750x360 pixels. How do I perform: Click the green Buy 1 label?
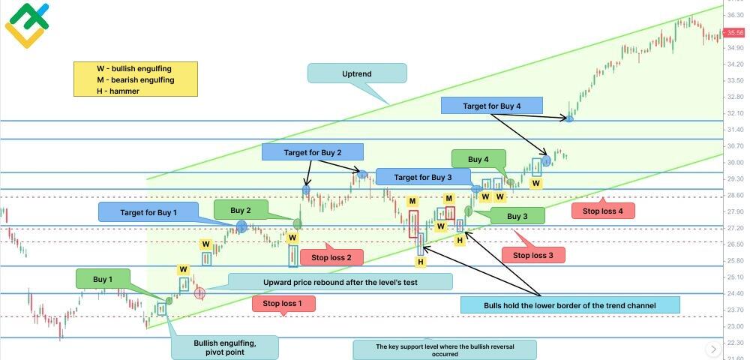[103, 279]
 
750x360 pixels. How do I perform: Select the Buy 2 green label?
[241, 211]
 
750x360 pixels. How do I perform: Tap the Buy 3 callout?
[517, 216]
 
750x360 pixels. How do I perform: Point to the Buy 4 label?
[478, 159]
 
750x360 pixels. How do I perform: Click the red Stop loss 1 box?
[283, 304]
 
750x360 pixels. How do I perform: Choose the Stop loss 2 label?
[331, 257]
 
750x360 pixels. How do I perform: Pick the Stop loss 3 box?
[532, 255]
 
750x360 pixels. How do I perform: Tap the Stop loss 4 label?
[603, 211]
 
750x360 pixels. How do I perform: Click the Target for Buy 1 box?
[148, 212]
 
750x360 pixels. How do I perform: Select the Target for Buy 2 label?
[312, 152]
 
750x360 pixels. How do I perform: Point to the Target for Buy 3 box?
[423, 177]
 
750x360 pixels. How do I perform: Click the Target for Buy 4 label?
[491, 106]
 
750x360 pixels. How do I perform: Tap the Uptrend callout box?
[357, 73]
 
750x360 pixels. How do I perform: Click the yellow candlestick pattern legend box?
[136, 79]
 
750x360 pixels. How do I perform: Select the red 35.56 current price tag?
[735, 32]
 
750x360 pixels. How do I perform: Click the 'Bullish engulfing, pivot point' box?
[224, 347]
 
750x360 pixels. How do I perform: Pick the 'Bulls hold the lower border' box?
[569, 304]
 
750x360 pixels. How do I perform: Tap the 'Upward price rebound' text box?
[340, 282]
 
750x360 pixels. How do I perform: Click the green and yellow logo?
[26, 25]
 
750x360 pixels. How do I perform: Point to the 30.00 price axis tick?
[735, 163]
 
